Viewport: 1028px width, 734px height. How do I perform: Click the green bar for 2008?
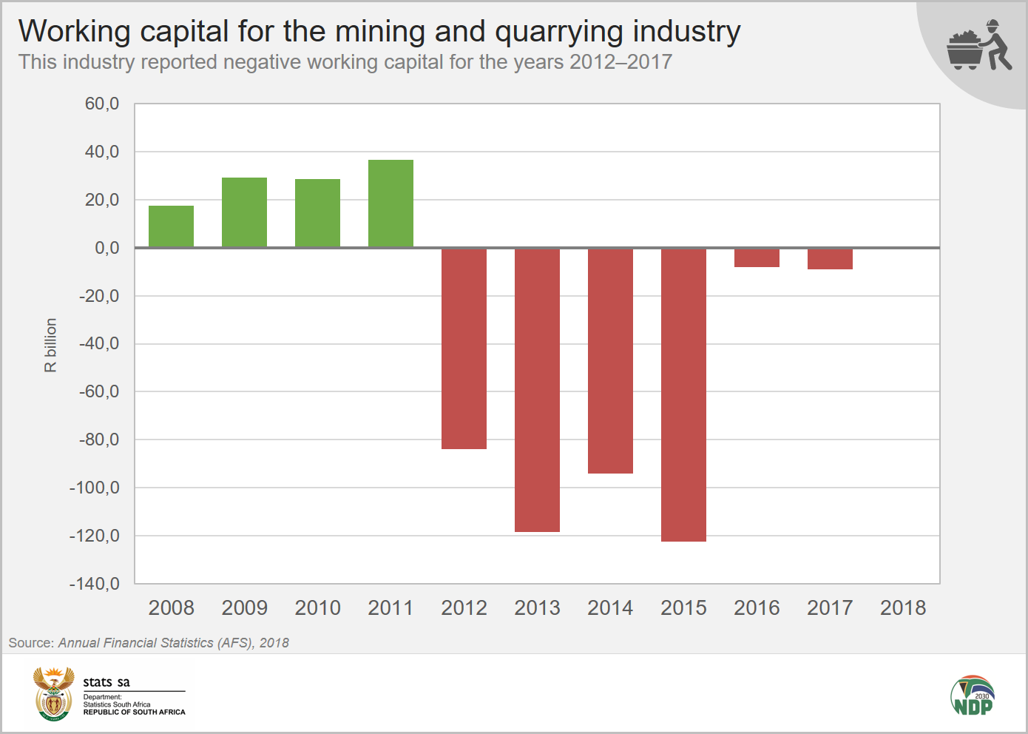coord(171,226)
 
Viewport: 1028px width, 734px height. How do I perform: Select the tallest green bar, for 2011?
coord(390,203)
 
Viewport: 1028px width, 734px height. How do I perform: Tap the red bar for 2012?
coord(464,349)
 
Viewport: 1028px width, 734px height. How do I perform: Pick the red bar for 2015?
coord(683,395)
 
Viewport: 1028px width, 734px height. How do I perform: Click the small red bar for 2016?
coord(757,257)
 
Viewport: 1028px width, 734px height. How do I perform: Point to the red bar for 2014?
coord(610,361)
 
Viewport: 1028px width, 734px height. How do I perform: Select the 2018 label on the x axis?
coord(902,607)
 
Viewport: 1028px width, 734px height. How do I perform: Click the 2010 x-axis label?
coord(317,607)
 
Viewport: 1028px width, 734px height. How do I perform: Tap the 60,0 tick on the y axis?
coord(102,104)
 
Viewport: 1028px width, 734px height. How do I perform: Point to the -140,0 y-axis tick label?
coord(95,584)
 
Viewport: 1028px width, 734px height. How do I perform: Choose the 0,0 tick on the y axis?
coord(106,248)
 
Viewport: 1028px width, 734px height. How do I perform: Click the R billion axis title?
coord(50,345)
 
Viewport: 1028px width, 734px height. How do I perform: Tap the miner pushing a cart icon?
coord(978,46)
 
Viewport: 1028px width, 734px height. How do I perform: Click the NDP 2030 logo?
coord(973,696)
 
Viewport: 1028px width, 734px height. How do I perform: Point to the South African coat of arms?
coord(53,693)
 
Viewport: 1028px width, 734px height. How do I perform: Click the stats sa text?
coord(106,682)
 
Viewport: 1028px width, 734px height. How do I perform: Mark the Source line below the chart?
coord(149,643)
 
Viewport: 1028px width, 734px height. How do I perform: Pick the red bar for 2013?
coord(537,390)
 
